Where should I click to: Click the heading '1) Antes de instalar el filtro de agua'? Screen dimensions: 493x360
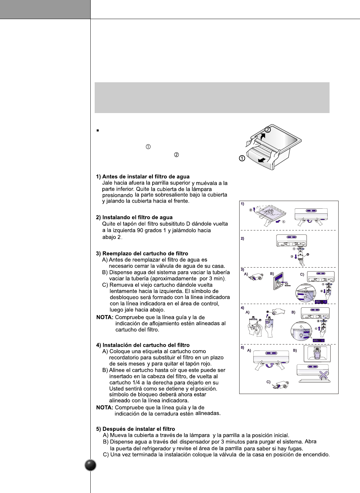(143, 177)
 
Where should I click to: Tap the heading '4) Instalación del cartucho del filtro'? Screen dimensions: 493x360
(143, 345)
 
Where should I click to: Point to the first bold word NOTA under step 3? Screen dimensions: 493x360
(105, 317)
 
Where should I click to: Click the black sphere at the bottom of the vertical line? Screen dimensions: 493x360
(91, 465)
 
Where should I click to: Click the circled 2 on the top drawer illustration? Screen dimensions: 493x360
(268, 130)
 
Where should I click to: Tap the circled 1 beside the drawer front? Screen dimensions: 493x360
(242, 158)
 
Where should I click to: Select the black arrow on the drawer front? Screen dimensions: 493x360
(262, 160)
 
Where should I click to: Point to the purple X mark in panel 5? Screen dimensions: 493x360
(323, 375)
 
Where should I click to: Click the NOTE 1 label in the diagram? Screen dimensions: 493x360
(321, 302)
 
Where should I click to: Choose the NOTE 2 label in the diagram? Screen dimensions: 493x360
(319, 340)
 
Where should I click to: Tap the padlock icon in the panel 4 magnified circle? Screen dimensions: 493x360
(301, 335)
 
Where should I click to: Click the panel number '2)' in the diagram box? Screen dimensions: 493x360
(243, 238)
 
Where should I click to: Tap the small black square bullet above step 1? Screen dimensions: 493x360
(98, 130)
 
